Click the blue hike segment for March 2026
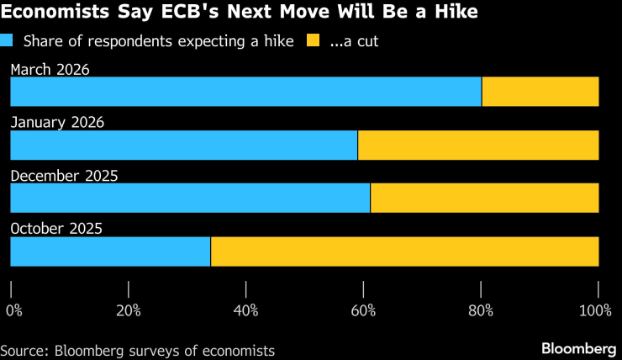(x=245, y=92)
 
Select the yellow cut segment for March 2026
(x=540, y=92)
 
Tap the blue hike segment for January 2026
(x=183, y=145)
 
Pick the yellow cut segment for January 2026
(x=478, y=145)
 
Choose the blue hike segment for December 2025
(x=190, y=199)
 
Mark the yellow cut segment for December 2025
(x=484, y=199)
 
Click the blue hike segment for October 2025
(x=110, y=251)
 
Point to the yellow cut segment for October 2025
(x=404, y=251)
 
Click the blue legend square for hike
(x=8, y=40)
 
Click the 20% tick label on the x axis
(x=128, y=310)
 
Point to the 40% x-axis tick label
(x=245, y=310)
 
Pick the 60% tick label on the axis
(x=363, y=310)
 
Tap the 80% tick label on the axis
(x=481, y=310)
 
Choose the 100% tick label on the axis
(x=595, y=310)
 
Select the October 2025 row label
(x=55, y=229)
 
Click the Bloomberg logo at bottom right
(x=578, y=348)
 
